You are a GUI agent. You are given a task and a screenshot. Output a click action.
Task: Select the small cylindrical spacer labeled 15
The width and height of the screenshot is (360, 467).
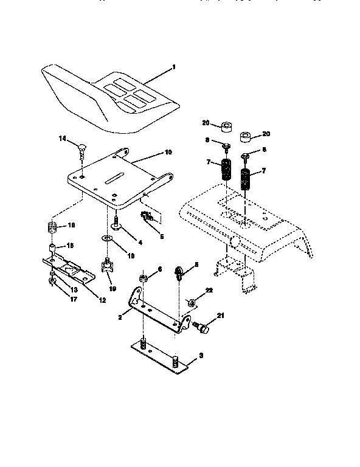52,248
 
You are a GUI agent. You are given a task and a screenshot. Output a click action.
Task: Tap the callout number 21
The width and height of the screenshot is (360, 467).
220,316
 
